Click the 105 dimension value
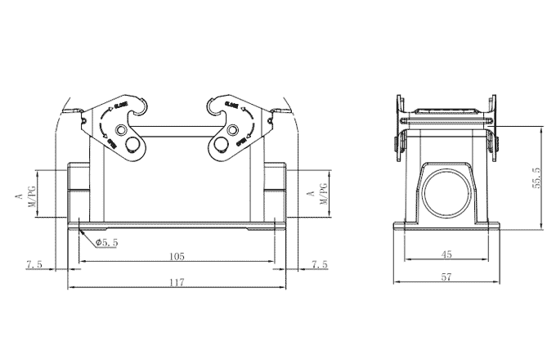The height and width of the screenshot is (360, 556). [x=177, y=256]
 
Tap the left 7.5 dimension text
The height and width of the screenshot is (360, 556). [x=34, y=264]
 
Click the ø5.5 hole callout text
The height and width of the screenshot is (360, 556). [x=107, y=243]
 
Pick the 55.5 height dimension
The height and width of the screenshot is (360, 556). [x=536, y=178]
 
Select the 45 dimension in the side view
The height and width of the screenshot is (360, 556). [x=446, y=254]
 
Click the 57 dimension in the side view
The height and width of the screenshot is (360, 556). [x=446, y=277]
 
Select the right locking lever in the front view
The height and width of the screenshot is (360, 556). [x=233, y=126]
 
